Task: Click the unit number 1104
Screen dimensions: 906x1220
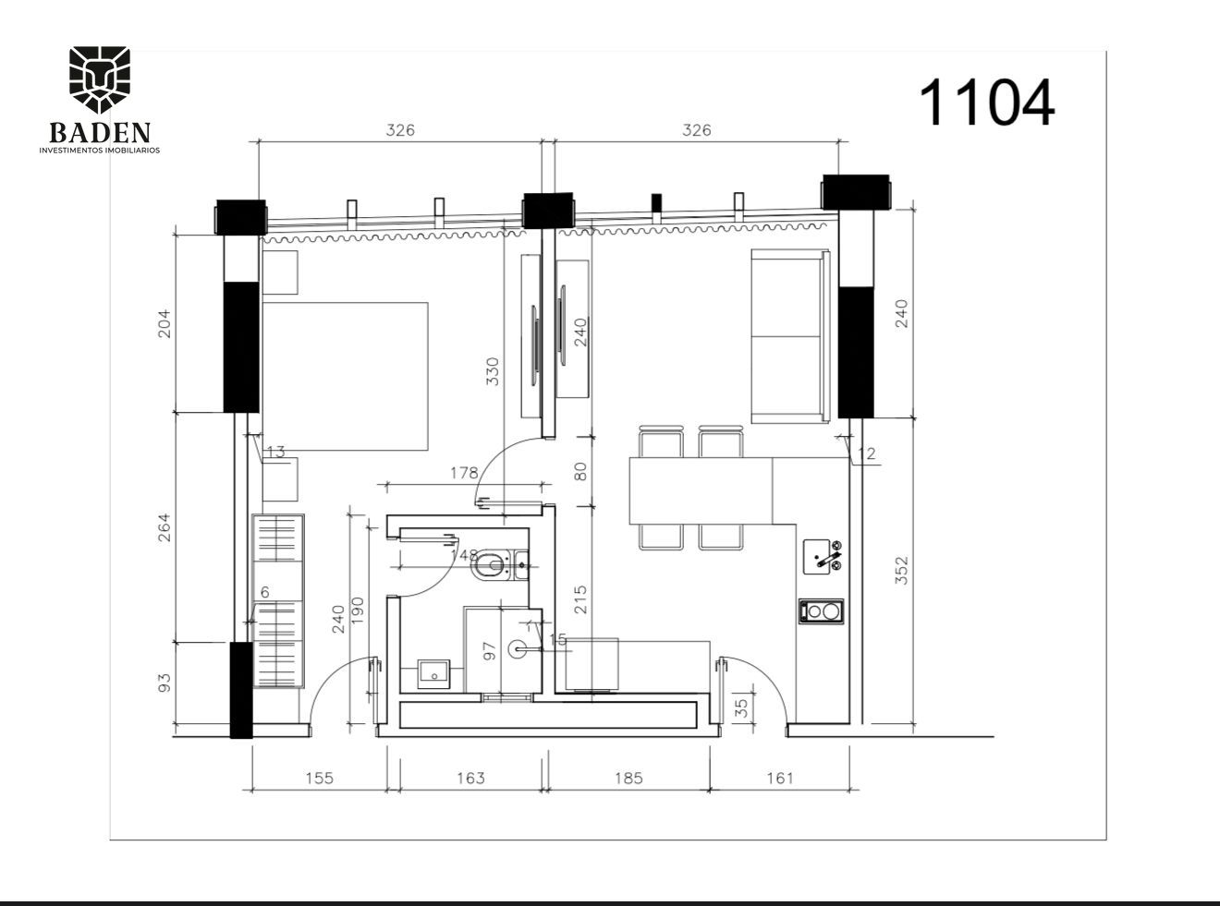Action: click(986, 102)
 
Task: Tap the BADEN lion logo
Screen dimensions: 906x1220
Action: click(100, 80)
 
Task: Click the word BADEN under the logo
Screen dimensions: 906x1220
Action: click(100, 133)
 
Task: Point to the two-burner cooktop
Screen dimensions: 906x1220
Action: click(822, 610)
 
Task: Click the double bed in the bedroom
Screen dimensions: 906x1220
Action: click(345, 376)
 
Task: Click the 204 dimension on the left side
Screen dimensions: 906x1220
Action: click(165, 322)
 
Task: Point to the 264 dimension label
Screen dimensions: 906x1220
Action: click(165, 527)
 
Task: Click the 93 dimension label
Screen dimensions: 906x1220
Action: click(165, 683)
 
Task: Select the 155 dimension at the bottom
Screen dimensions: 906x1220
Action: click(319, 779)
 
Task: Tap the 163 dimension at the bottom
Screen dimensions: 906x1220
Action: click(470, 779)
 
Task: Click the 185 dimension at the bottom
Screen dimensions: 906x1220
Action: click(628, 779)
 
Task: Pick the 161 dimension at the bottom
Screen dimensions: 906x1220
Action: click(779, 779)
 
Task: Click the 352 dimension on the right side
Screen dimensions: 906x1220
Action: click(902, 570)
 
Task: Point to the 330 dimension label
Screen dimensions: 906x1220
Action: click(493, 371)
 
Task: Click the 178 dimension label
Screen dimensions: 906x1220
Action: click(464, 473)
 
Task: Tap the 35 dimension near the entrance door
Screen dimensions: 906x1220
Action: click(740, 707)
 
